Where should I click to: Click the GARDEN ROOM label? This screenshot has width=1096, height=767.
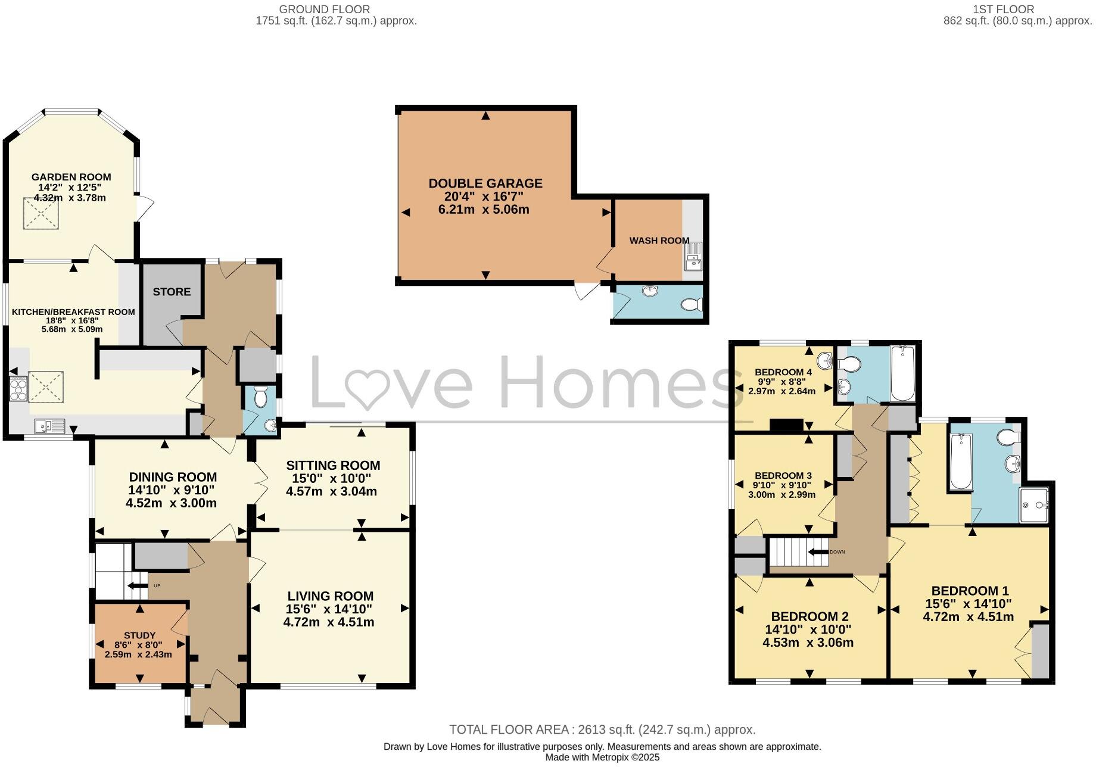[71, 177]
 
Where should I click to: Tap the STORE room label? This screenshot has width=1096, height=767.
[172, 292]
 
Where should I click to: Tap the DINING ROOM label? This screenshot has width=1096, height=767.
[173, 477]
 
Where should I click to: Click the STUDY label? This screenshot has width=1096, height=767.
[139, 635]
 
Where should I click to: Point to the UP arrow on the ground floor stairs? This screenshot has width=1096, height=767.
[138, 587]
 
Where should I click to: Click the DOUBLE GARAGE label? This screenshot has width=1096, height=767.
[485, 183]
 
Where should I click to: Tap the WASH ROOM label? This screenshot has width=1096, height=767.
[659, 241]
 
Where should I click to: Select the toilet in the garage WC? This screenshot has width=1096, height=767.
[692, 305]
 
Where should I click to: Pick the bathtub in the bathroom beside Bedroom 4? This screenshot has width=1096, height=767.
[902, 374]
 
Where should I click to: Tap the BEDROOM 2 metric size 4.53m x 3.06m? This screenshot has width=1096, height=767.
[808, 643]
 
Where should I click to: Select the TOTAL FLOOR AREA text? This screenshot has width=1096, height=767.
[602, 729]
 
